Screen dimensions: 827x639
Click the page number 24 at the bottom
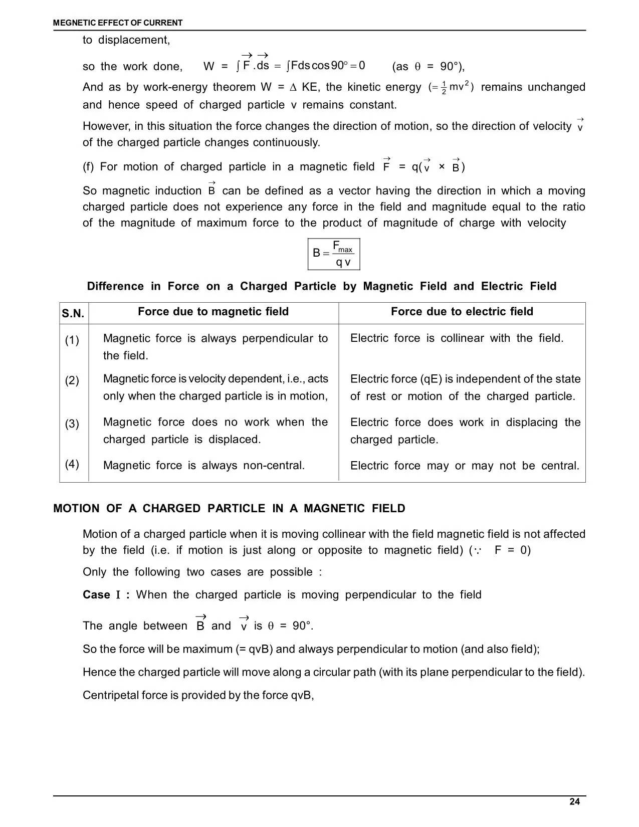[574, 802]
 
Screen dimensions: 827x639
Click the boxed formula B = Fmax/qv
[333, 254]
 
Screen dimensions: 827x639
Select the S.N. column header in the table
[73, 314]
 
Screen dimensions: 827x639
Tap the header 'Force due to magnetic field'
[213, 312]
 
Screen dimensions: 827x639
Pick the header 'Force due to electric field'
[462, 312]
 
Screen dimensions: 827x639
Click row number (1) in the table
[72, 341]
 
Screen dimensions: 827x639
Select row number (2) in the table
[72, 380]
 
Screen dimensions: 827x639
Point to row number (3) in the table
[72, 424]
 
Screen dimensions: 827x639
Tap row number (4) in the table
[72, 464]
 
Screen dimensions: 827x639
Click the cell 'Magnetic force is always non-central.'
[203, 466]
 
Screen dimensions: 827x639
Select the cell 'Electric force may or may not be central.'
[465, 466]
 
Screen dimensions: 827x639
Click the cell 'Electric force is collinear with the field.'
[457, 338]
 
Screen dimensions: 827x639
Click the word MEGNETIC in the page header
[73, 23]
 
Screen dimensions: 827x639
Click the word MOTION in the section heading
[76, 509]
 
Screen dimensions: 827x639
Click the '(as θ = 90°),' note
[429, 67]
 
